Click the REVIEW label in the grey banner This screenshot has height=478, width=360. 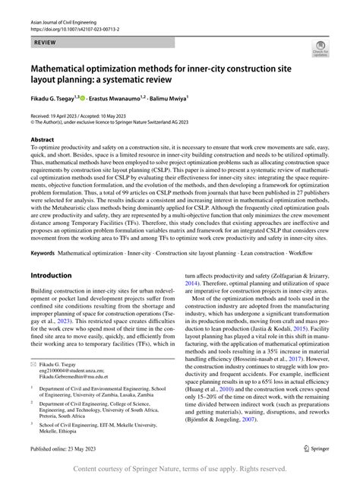point(36,45)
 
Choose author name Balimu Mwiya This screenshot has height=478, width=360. point(187,99)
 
